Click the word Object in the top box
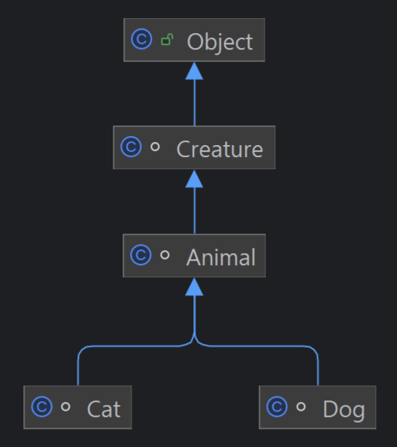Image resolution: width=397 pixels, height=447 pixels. click(220, 41)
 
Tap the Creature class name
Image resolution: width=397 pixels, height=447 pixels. click(220, 149)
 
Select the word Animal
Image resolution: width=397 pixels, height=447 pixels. click(220, 257)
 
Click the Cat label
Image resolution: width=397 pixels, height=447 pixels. click(104, 409)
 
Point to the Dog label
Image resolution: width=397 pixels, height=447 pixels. click(344, 409)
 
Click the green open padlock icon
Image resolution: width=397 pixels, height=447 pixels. click(167, 39)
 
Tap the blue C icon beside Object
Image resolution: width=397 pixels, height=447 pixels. click(141, 39)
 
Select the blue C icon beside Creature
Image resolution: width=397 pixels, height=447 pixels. click(131, 146)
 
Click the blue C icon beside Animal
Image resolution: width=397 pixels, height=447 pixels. click(141, 255)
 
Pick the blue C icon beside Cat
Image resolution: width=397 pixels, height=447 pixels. click(41, 406)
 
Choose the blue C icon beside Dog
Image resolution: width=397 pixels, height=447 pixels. click(277, 406)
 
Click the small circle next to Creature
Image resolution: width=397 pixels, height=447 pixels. click(155, 146)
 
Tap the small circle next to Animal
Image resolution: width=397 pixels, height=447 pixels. click(165, 255)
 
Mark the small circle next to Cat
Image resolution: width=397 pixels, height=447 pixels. click(65, 406)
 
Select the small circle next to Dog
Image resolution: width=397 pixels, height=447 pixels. click(301, 406)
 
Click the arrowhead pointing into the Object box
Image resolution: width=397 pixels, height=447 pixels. click(194, 71)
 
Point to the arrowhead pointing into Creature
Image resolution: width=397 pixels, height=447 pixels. click(194, 179)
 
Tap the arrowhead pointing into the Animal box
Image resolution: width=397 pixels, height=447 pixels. click(194, 287)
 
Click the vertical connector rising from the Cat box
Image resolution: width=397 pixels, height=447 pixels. click(78, 370)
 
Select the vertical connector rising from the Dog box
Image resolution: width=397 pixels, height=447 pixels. click(318, 370)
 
